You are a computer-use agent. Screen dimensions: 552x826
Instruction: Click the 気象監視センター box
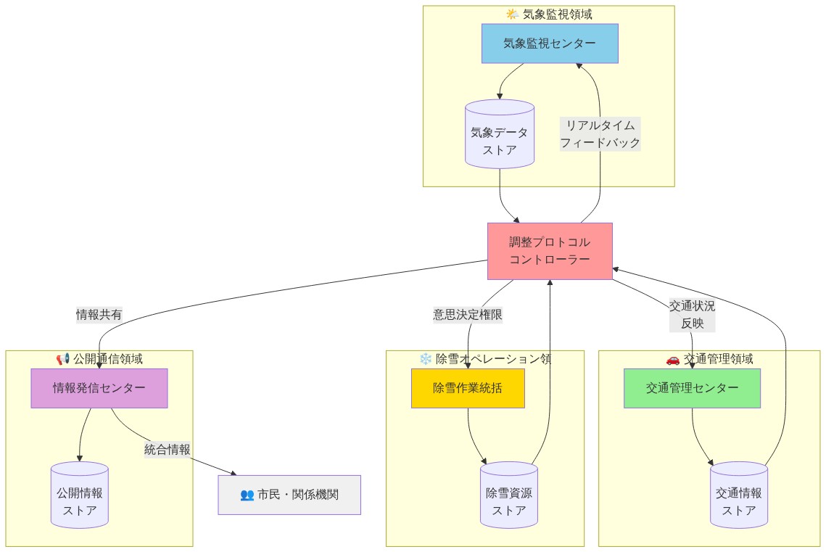550,44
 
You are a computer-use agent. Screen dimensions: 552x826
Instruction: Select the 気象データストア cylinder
500,134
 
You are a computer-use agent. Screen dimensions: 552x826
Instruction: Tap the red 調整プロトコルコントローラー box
550,251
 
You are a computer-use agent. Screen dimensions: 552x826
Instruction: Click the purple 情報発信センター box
99,388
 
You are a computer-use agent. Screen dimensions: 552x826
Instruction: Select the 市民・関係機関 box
289,495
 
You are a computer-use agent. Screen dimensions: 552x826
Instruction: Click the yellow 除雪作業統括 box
468,388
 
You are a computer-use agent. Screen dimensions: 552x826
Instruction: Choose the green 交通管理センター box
692,388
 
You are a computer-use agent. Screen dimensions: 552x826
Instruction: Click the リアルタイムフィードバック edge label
600,134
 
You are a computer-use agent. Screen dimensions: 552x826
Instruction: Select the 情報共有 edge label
99,314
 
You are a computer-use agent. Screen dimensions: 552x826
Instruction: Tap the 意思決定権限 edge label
468,314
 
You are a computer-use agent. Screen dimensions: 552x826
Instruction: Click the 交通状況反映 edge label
692,315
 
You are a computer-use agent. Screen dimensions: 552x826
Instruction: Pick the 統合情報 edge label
168,450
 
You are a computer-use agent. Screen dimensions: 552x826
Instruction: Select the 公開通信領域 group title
107,358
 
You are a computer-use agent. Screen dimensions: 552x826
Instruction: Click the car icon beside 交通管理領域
672,358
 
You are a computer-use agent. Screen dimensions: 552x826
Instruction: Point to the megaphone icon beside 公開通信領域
63,358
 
